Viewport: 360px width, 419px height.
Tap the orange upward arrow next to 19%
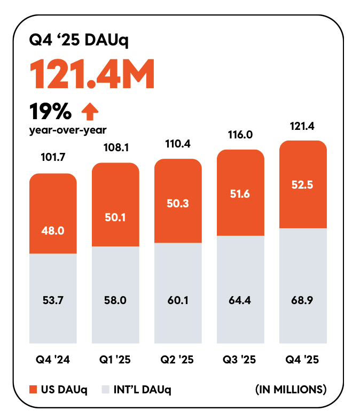[x=90, y=111]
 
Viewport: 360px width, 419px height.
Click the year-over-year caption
[x=68, y=129]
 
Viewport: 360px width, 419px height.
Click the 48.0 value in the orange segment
[x=53, y=231]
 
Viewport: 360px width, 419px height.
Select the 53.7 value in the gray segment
[x=53, y=300]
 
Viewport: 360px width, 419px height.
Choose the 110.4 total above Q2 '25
[x=178, y=144]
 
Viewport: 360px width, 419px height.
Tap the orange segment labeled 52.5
[x=302, y=184]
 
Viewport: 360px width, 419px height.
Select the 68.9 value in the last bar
[x=302, y=300]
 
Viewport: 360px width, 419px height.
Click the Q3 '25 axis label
[x=240, y=360]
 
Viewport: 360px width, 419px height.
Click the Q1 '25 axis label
[x=115, y=360]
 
